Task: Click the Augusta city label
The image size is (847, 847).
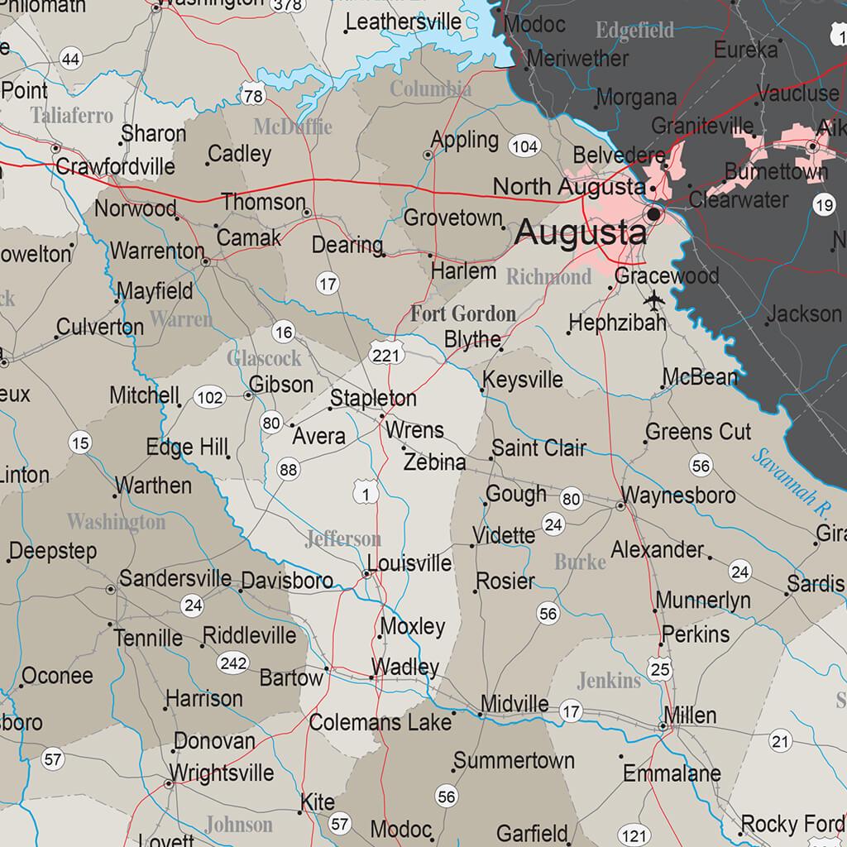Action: coord(581,232)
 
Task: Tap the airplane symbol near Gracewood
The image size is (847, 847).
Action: coord(653,299)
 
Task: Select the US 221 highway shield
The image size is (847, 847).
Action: coord(386,354)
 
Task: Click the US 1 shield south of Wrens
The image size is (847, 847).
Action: coord(365,494)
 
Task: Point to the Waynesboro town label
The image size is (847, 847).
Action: coord(678,495)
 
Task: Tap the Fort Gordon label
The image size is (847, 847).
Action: coord(463,314)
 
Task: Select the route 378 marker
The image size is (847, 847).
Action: coord(288,5)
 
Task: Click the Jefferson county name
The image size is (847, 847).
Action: coord(342,539)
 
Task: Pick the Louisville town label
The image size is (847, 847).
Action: coord(409,564)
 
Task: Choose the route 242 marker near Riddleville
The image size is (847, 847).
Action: coord(232,663)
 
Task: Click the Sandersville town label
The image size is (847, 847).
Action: coord(175,577)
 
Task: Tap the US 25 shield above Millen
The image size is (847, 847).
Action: coord(659,668)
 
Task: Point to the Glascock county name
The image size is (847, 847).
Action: coord(264,358)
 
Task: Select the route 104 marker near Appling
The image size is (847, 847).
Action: coord(524,147)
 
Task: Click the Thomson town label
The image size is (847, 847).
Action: coord(263,203)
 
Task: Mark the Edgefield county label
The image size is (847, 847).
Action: coord(634,31)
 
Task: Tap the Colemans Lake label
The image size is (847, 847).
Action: coord(380,722)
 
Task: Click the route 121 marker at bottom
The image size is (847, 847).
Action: coord(634,835)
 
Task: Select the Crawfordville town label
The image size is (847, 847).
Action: coord(115,167)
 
